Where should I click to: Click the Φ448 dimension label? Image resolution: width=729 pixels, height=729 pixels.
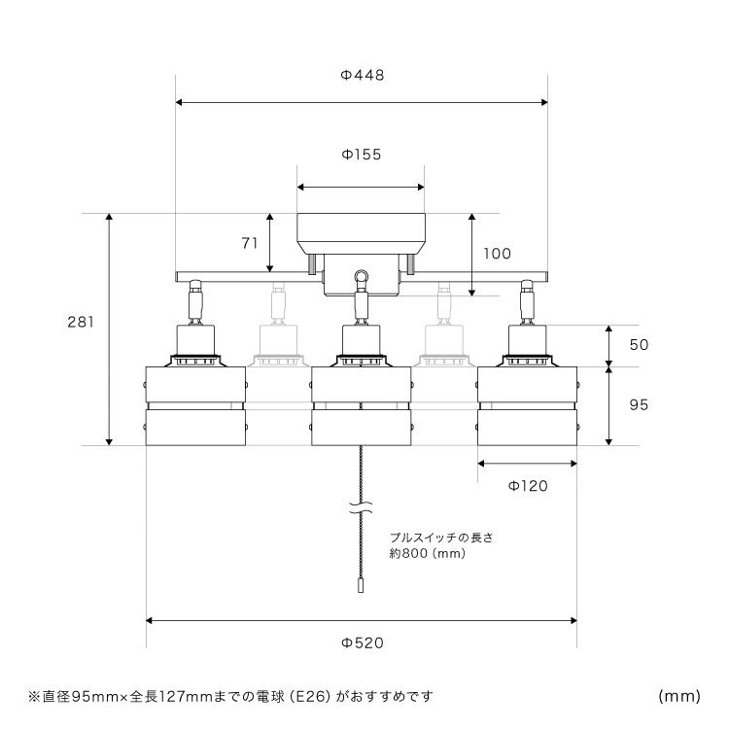[x=361, y=76]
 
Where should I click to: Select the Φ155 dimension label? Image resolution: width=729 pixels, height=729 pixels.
[x=361, y=155]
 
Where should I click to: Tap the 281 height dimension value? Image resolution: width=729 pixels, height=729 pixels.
[x=81, y=322]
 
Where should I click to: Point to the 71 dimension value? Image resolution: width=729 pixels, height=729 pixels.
[x=250, y=243]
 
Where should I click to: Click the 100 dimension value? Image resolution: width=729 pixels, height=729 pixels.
[x=496, y=254]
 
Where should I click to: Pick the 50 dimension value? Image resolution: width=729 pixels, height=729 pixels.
[x=639, y=345]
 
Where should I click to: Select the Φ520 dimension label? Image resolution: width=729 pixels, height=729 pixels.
[x=362, y=642]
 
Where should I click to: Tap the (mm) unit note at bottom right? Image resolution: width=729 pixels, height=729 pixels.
[x=679, y=696]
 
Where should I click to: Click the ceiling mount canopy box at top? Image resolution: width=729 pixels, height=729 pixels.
[x=361, y=232]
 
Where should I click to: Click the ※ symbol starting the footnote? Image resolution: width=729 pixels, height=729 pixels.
[x=34, y=696]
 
